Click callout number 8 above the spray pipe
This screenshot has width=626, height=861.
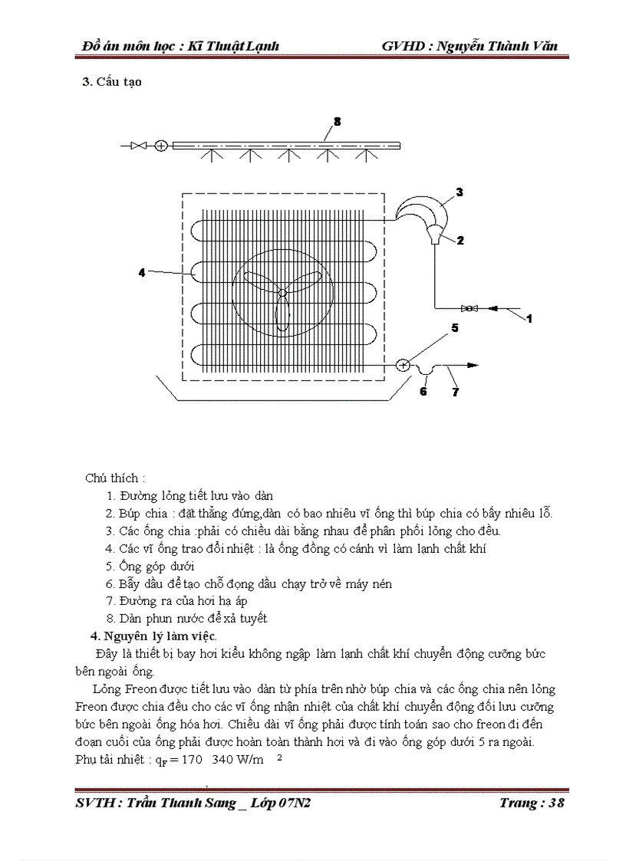point(337,122)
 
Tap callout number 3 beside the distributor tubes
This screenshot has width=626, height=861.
point(460,192)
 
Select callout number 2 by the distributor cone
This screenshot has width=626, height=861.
point(460,240)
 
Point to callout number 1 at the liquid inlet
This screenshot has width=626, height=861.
point(529,318)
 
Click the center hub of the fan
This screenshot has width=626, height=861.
point(282,292)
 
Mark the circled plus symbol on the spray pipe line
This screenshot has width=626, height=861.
point(161,145)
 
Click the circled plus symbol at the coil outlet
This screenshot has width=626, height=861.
point(403,366)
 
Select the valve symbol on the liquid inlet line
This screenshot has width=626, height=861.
point(467,308)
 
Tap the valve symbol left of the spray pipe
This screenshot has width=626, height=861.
point(140,145)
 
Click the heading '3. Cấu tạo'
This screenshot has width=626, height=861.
point(112,82)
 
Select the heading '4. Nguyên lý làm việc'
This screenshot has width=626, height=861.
point(153,636)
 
